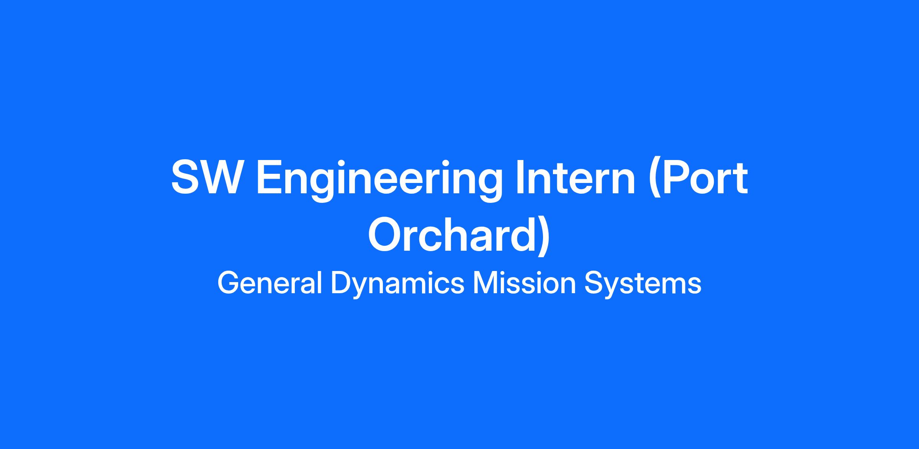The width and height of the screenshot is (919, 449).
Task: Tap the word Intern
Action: point(575,178)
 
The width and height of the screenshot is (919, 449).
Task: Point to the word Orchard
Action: point(455,234)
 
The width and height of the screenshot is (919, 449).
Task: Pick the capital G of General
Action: point(229,283)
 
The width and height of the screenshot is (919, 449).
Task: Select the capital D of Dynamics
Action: point(341,283)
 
